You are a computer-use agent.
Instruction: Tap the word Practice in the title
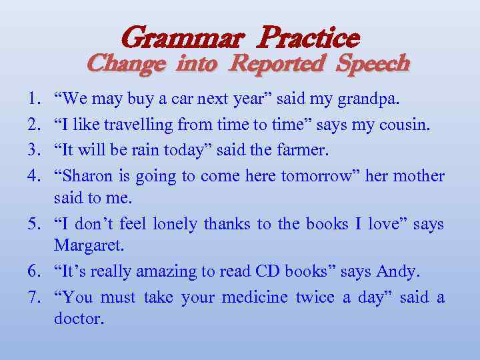coord(308,37)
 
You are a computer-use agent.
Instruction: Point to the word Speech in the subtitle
coord(373,63)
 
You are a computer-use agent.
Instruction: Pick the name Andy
coord(397,272)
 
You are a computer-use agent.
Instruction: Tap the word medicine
coord(251,297)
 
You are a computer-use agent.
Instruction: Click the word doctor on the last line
coord(79,319)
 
